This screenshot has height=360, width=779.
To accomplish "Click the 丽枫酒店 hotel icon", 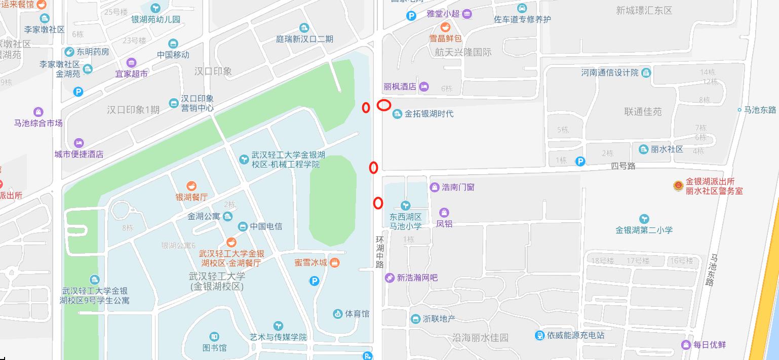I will [x=424, y=87].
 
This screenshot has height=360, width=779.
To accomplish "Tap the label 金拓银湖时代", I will [x=429, y=114].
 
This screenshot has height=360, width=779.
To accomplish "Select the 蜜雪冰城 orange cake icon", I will [x=334, y=262].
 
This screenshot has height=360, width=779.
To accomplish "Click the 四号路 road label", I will [x=623, y=166].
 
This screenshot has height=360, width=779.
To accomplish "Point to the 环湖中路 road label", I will [x=380, y=252].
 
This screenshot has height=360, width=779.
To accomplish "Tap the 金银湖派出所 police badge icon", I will [x=678, y=186].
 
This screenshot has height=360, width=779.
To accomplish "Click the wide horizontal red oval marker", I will [x=384, y=105].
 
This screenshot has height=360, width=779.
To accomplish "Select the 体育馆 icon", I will [x=338, y=314].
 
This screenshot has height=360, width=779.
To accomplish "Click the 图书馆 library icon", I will [x=214, y=337].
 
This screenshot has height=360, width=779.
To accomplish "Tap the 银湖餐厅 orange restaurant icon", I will [x=191, y=186].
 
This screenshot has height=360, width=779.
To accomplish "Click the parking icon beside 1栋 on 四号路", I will [x=580, y=162].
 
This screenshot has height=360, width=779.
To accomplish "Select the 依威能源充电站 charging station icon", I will [x=539, y=335].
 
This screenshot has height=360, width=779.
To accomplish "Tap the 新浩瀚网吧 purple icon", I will [x=389, y=277].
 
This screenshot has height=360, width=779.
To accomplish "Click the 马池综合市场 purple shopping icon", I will [x=38, y=112].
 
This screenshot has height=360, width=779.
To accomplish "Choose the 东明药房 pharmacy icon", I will [x=69, y=52].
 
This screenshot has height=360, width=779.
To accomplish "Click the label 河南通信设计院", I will [x=610, y=73].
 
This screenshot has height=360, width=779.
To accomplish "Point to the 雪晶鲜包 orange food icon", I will [x=446, y=27].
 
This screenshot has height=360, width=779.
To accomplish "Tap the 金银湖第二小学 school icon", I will [x=644, y=219].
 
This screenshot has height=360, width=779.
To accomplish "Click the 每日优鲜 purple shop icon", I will [x=686, y=345].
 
